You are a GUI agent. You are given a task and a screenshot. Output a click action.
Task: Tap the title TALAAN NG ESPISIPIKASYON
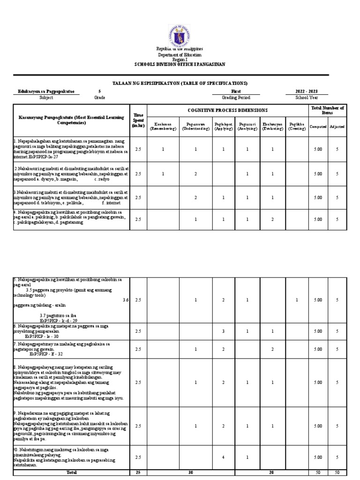(180, 83)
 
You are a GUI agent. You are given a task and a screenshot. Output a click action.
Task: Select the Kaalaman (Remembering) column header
(163, 127)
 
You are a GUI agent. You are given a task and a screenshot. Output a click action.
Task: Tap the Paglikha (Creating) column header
(297, 127)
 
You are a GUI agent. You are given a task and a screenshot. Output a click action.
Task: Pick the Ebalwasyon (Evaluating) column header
(272, 127)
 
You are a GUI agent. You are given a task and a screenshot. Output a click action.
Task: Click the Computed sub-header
(318, 127)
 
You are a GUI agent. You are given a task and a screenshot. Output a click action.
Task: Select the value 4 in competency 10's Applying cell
(223, 457)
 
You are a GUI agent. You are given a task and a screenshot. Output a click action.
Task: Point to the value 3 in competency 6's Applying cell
(223, 331)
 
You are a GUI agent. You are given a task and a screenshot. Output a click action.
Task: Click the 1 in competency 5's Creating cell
(297, 300)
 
